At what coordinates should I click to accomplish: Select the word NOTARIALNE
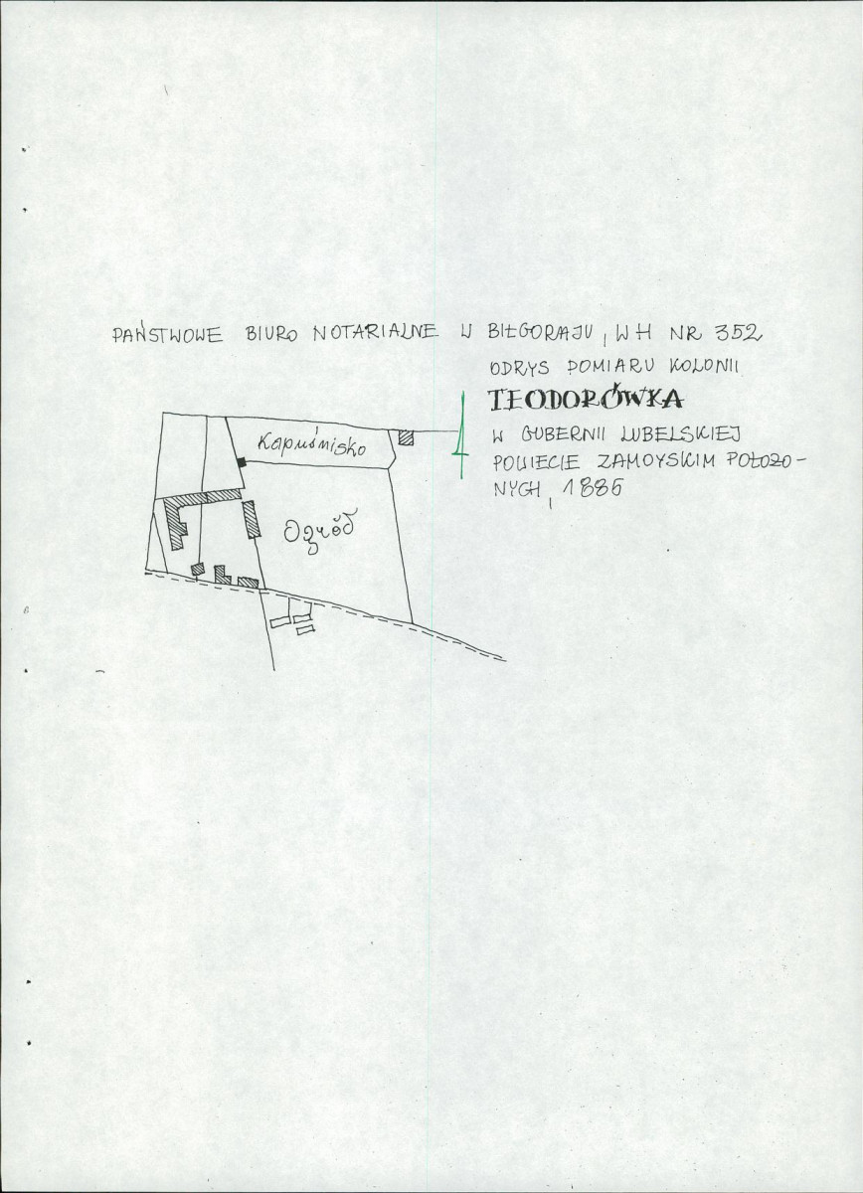pos(376,332)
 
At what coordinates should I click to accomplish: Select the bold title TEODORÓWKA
pos(585,400)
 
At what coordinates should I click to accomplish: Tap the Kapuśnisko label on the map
pos(312,443)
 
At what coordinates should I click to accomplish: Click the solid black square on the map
pos(242,462)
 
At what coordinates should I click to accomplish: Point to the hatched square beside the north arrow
pos(406,436)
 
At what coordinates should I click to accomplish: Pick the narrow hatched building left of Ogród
pos(251,519)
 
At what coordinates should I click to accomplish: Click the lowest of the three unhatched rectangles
pos(304,630)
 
